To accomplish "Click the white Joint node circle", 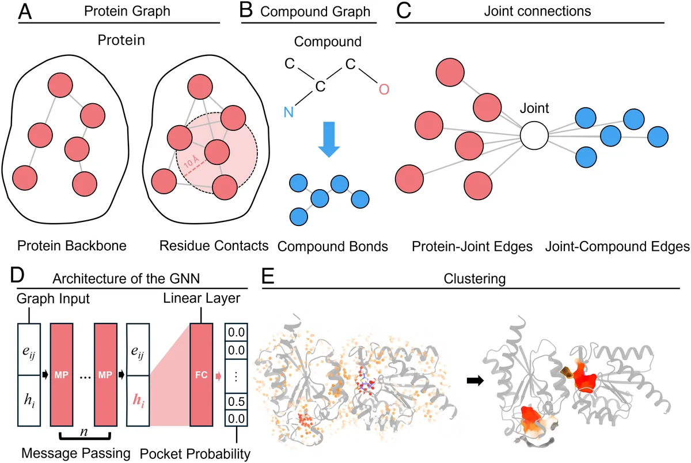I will (534, 137).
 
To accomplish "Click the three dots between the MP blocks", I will (84, 375).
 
